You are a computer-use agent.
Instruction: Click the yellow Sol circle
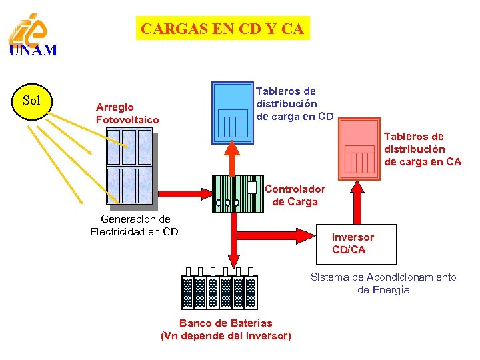[x=32, y=101]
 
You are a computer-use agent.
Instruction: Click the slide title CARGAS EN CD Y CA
[x=223, y=29]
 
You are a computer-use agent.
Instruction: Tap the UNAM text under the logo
[x=33, y=51]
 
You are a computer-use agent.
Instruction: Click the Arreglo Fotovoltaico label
[x=127, y=113]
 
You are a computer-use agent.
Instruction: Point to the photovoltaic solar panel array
[x=130, y=166]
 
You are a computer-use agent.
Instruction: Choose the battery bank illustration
[x=219, y=291]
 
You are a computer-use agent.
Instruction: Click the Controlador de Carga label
[x=295, y=195]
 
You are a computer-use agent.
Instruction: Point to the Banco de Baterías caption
[x=226, y=329]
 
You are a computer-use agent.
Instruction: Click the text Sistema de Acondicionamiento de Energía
[x=383, y=283]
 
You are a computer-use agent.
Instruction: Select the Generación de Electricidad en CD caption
[x=134, y=225]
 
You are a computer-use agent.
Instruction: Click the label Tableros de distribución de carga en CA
[x=422, y=149]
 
